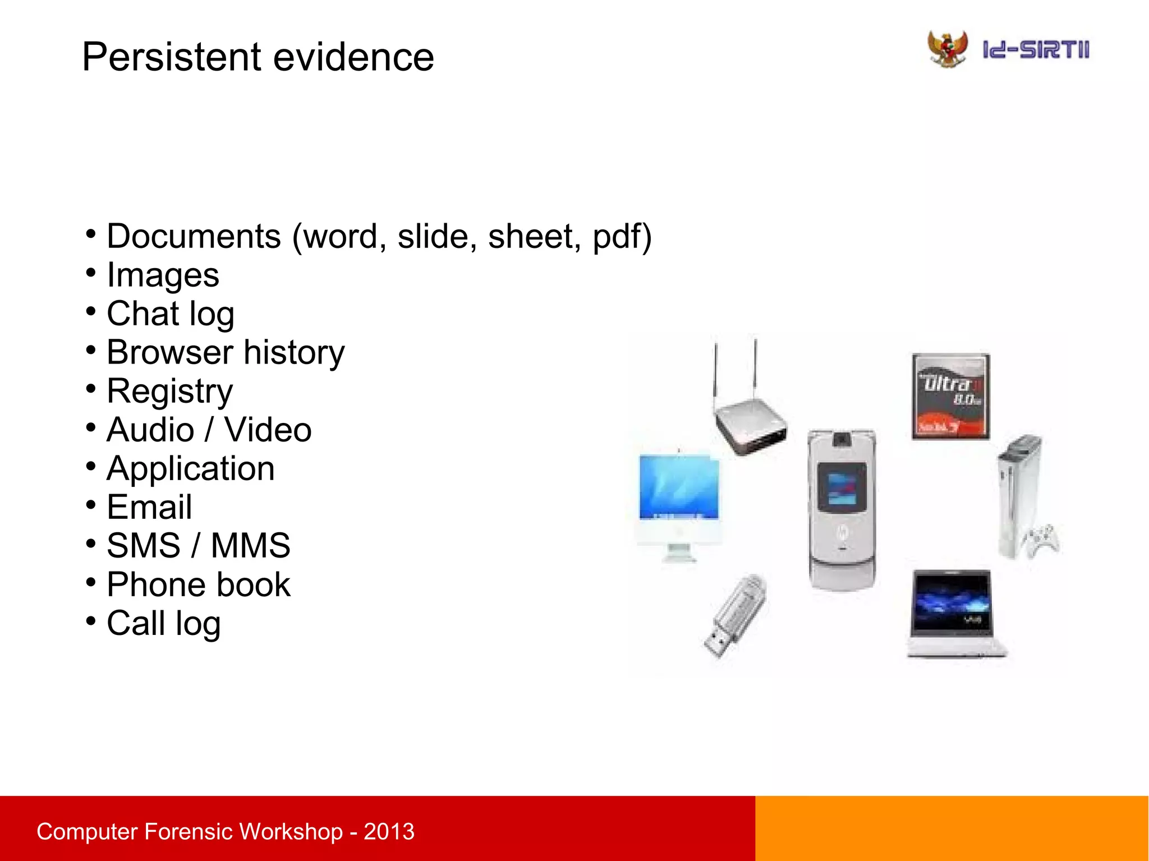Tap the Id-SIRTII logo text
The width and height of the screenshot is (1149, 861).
(x=1036, y=50)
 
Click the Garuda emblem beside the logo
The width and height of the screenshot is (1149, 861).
(x=948, y=49)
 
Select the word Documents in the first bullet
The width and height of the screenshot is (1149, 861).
(x=194, y=236)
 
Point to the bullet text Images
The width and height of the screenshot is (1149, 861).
(x=163, y=275)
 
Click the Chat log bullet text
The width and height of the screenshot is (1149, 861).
(x=170, y=314)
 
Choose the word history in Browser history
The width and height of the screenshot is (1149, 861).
(x=294, y=353)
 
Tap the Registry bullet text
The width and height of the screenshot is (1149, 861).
(x=169, y=392)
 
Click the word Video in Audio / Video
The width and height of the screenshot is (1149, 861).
(x=268, y=430)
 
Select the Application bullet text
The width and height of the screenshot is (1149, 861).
(x=191, y=469)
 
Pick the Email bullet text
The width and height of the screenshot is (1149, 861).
(x=149, y=508)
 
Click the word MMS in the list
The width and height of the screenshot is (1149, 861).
(x=250, y=546)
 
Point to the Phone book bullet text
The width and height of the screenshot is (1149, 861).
(x=199, y=585)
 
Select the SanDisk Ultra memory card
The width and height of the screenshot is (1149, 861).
(x=950, y=396)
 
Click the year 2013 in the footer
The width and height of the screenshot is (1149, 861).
(x=389, y=832)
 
